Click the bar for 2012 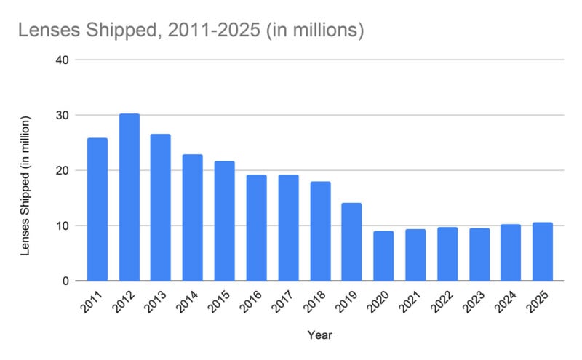pyautogui.click(x=129, y=197)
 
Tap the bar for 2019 pyautogui.click(x=352, y=241)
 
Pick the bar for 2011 pyautogui.click(x=97, y=209)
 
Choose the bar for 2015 pyautogui.click(x=225, y=221)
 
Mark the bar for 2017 pyautogui.click(x=289, y=228)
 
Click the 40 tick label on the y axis pyautogui.click(x=62, y=60)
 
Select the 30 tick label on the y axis pyautogui.click(x=62, y=115)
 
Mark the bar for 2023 pyautogui.click(x=479, y=255)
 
